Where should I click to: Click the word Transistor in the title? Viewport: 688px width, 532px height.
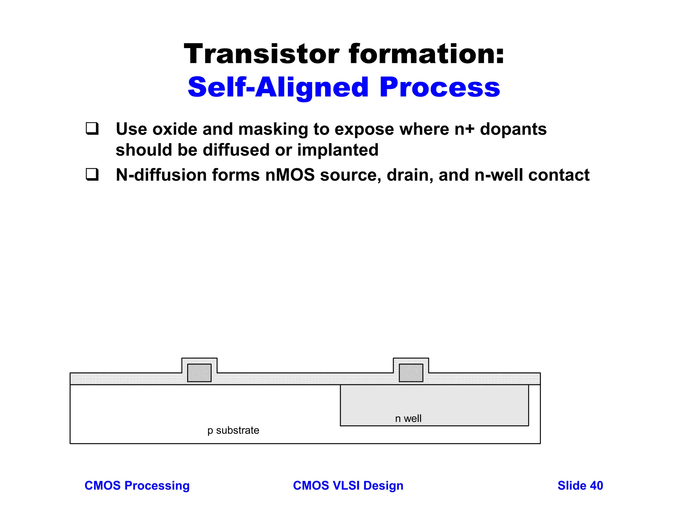click(262, 54)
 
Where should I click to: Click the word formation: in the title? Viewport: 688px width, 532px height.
click(427, 54)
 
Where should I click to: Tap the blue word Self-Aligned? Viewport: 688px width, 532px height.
click(278, 87)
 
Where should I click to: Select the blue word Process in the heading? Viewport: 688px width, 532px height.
click(440, 87)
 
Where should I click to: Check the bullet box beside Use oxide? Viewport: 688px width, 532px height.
click(92, 128)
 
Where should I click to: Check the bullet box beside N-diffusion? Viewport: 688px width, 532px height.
click(92, 174)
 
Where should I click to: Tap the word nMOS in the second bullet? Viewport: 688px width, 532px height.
click(290, 175)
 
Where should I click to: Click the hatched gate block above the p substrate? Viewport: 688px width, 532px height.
click(199, 373)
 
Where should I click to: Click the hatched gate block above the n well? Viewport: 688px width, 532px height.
click(411, 373)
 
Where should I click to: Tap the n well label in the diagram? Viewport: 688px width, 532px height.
click(408, 419)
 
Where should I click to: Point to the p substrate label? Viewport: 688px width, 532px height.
click(233, 430)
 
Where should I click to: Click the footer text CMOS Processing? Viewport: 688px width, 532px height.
click(137, 486)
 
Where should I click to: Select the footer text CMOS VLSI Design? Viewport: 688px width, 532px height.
click(348, 486)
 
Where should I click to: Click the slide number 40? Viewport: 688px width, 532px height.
click(596, 486)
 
